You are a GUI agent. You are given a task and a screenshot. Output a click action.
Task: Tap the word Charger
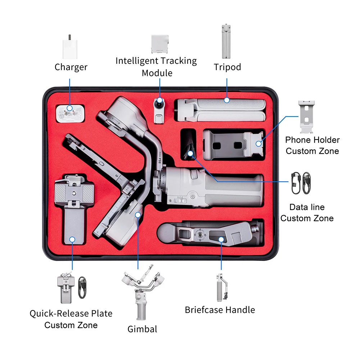[71, 67]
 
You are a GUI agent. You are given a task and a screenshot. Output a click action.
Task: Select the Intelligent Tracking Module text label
[156, 67]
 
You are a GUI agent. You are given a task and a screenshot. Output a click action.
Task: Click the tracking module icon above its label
[160, 44]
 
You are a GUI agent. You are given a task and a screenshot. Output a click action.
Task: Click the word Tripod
[227, 67]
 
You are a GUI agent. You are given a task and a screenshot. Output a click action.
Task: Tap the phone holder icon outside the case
[308, 117]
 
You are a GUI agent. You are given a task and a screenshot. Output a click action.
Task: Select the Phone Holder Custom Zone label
[312, 145]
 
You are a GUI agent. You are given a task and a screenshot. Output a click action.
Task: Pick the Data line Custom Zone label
[307, 213]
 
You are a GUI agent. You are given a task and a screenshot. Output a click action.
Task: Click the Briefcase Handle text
[220, 310]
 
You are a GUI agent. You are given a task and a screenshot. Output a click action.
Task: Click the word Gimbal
[142, 329]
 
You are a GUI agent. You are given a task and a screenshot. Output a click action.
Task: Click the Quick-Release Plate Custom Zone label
[71, 319]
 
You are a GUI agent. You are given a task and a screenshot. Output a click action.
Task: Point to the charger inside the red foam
[70, 115]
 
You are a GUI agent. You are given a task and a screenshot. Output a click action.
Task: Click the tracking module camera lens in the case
[159, 103]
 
